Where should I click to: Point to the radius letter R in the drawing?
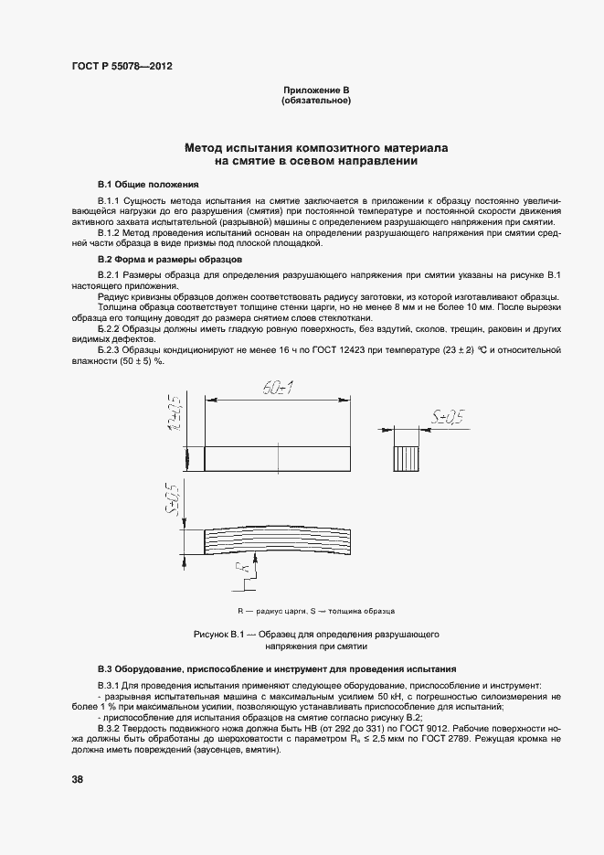coord(243,575)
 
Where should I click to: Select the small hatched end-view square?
coord(408,458)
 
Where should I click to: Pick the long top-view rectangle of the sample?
coord(277,458)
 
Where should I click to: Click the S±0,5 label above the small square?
coord(447,420)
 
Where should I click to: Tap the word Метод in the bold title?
coord(206,146)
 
